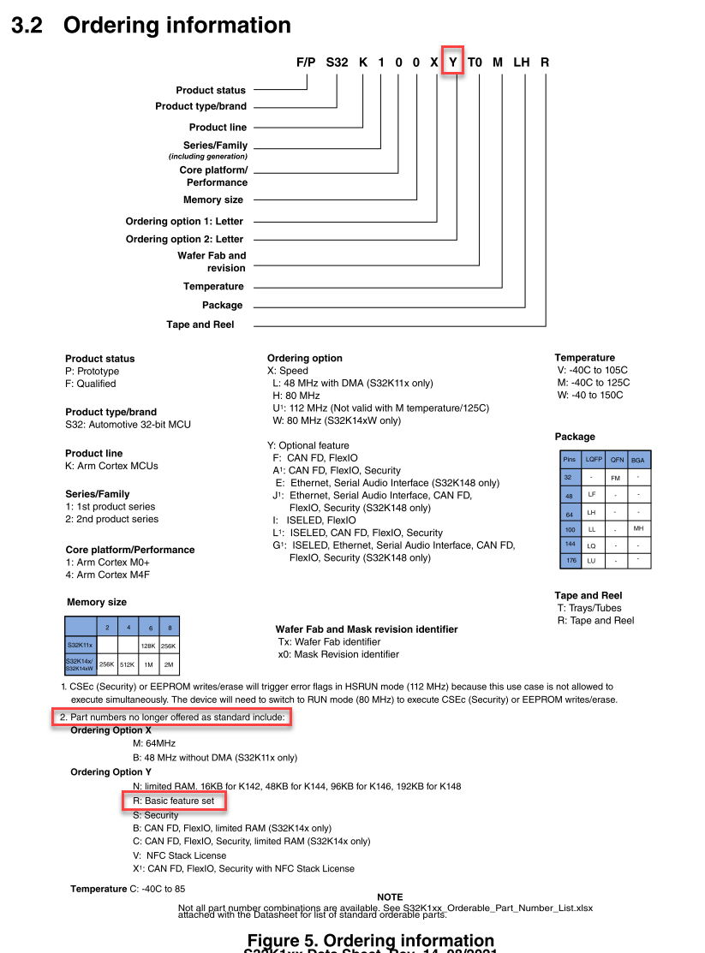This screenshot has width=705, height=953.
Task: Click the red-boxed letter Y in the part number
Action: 453,62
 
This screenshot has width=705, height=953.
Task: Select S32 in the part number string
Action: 337,62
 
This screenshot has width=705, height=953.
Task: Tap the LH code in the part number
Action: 522,62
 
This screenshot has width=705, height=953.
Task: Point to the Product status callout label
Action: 211,90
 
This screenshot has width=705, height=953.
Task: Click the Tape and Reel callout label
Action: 200,325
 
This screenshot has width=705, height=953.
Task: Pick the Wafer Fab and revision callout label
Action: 212,262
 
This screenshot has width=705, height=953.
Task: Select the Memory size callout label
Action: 213,200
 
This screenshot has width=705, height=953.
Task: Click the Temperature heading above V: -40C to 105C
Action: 584,358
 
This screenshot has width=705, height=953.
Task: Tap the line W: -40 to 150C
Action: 590,395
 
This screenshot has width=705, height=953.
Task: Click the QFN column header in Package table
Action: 617,460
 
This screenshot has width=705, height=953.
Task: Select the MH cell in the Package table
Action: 638,528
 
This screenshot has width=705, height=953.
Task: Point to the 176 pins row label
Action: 569,561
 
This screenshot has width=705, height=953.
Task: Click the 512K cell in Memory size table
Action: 126,664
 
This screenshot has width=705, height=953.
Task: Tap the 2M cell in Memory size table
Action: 169,664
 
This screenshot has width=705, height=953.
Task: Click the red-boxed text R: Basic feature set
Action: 174,801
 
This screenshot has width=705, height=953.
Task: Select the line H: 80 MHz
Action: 296,396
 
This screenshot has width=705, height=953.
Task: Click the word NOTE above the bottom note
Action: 390,897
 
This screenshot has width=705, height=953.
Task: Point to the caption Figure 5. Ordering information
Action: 371,941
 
